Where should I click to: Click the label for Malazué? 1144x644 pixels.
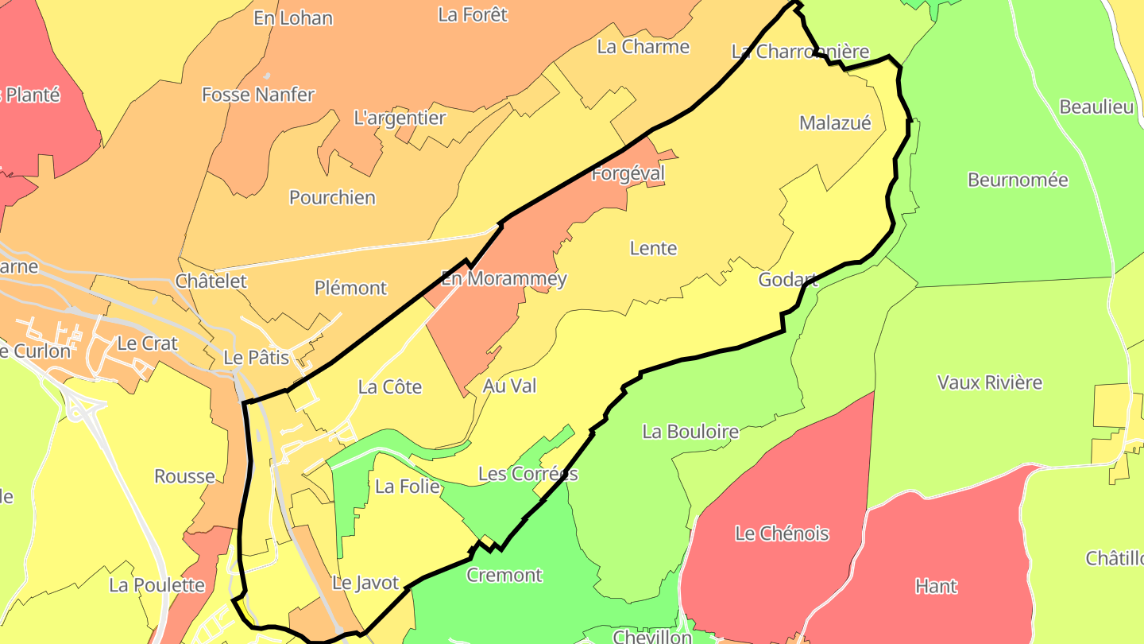click(835, 123)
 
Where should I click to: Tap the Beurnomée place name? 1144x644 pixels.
click(1018, 180)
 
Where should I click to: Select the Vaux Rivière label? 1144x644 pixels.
click(990, 382)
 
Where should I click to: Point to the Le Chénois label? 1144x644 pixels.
click(782, 533)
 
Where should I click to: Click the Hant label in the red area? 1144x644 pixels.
click(936, 587)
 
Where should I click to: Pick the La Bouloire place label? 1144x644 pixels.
click(690, 432)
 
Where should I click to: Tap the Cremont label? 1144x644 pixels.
click(504, 575)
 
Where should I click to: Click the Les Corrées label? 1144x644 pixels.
click(528, 474)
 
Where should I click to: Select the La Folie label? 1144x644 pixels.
click(408, 486)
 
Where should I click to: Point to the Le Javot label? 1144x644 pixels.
click(365, 583)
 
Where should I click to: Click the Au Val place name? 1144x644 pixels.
click(509, 386)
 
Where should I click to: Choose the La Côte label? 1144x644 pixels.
click(390, 387)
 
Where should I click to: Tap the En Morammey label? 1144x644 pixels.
click(504, 279)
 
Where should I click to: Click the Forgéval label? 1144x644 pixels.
click(628, 173)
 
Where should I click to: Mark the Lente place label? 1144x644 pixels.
click(653, 248)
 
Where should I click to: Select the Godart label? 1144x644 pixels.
click(787, 280)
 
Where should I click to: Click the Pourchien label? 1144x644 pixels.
click(332, 197)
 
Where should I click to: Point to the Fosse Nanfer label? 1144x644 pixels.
click(258, 95)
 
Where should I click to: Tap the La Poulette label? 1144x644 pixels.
click(157, 586)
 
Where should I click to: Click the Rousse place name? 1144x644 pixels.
click(184, 476)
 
